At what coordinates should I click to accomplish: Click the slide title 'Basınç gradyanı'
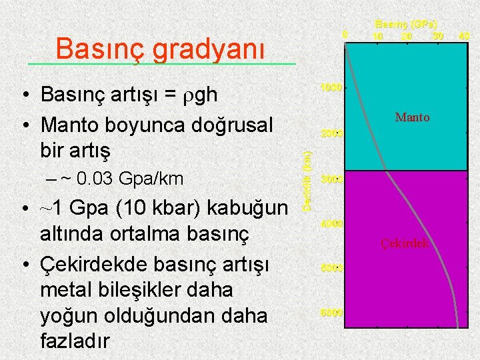pyautogui.click(x=160, y=48)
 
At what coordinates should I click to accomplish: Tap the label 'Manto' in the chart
pyautogui.click(x=412, y=118)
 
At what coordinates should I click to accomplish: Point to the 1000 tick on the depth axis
pyautogui.click(x=331, y=87)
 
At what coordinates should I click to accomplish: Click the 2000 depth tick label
pyautogui.click(x=331, y=133)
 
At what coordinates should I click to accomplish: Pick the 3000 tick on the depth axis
pyautogui.click(x=331, y=179)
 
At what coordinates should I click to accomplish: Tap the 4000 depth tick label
pyautogui.click(x=331, y=224)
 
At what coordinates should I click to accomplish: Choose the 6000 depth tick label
pyautogui.click(x=331, y=313)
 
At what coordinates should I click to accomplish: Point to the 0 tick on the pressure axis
pyautogui.click(x=344, y=34)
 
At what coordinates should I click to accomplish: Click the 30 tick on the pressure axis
pyautogui.click(x=437, y=35)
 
